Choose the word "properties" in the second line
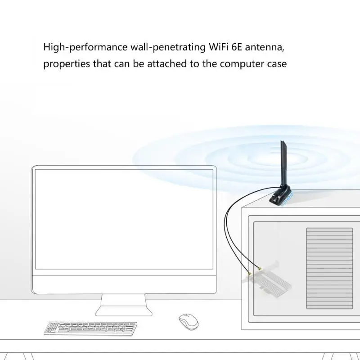pyautogui.click(x=66, y=64)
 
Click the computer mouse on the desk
pyautogui.click(x=188, y=322)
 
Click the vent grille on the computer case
pyautogui.click(x=330, y=268)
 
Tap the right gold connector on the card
pyautogui.click(x=260, y=271)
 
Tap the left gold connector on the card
pyautogui.click(x=249, y=274)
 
